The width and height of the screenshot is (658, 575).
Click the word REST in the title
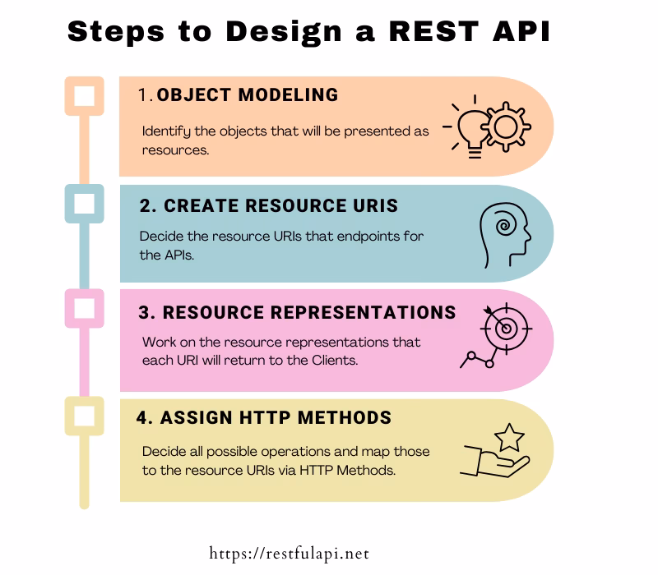432,33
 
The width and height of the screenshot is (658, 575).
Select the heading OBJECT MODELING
247,95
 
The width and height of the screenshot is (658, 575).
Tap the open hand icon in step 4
493,460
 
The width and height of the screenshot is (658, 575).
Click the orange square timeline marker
84,96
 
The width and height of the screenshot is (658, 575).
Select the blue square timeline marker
84,204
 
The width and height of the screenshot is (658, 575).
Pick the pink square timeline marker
84,310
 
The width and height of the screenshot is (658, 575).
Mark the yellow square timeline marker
84,416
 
